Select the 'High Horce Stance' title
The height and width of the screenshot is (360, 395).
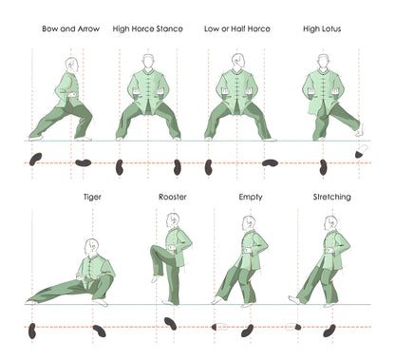coord(147,29)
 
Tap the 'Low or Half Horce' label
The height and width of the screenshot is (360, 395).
coord(237,29)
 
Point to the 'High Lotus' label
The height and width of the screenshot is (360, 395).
coord(323,29)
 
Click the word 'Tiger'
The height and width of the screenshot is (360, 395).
coord(93,198)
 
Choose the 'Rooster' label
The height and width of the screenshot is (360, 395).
coord(172,198)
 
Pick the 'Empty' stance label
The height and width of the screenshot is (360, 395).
coord(252,198)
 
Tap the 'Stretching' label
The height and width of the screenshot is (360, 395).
coord(331,198)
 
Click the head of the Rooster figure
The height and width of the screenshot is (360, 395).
coord(173,220)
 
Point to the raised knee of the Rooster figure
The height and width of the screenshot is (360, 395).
coord(157,250)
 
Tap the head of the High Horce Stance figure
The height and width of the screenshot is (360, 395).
coord(147,60)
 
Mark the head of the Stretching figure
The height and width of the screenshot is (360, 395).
coord(331,221)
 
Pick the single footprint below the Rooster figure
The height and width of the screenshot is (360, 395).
coord(170,323)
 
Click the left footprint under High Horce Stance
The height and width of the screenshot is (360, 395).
coord(120,167)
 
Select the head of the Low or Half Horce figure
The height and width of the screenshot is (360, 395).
coord(236,60)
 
